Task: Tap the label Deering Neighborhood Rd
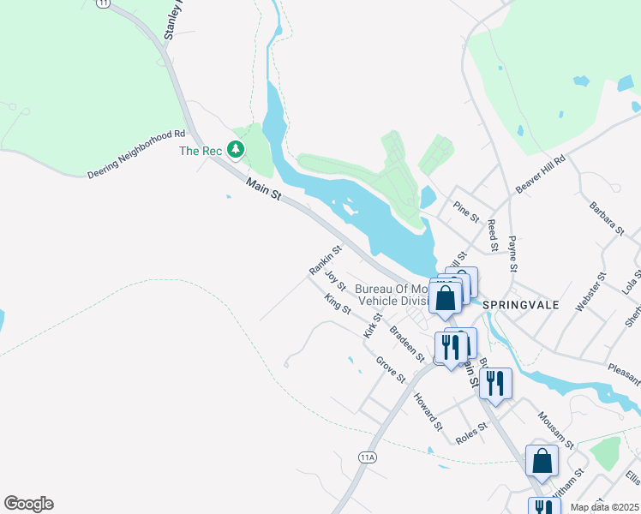[x=136, y=155]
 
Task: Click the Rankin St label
[x=325, y=260]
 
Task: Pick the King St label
[x=338, y=303]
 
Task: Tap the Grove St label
[x=390, y=369]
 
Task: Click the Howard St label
[x=428, y=411]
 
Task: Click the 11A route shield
[x=368, y=457]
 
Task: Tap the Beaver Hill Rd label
[x=541, y=174]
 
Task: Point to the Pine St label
[x=466, y=211]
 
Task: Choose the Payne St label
[x=513, y=254]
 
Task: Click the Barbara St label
[x=606, y=218]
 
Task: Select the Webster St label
[x=590, y=290]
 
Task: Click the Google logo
[x=28, y=504]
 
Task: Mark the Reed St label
[x=493, y=235]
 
